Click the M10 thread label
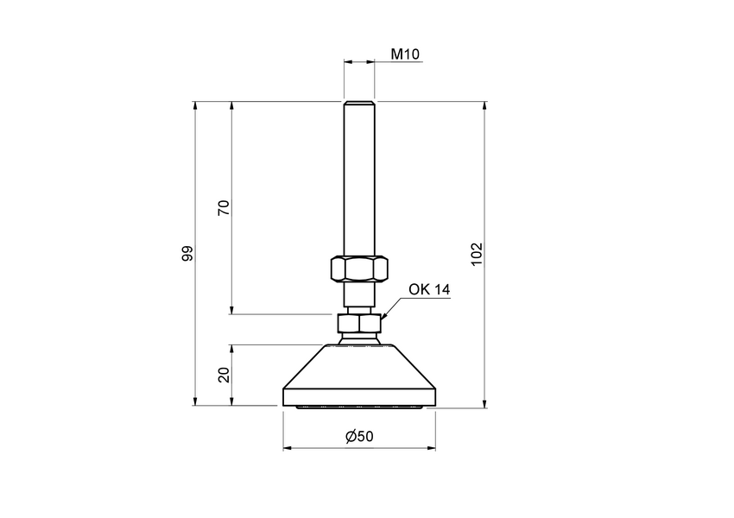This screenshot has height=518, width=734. [x=404, y=54]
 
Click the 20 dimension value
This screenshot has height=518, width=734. [x=223, y=375]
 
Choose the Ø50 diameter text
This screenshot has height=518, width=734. [x=359, y=437]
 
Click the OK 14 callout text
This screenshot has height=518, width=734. [x=429, y=290]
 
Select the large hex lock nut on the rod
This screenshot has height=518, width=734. [x=358, y=268]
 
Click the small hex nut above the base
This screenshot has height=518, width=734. [x=358, y=325]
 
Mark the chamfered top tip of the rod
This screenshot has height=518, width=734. [x=358, y=104]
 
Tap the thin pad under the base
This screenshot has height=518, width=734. [x=358, y=407]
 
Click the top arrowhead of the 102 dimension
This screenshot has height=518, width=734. [x=485, y=106]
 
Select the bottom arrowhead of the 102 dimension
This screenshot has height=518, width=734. [x=485, y=401]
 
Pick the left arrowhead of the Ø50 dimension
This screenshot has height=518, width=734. [x=288, y=449]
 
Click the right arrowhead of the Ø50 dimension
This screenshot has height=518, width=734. [x=431, y=449]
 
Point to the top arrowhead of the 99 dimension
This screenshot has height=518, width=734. [x=196, y=106]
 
